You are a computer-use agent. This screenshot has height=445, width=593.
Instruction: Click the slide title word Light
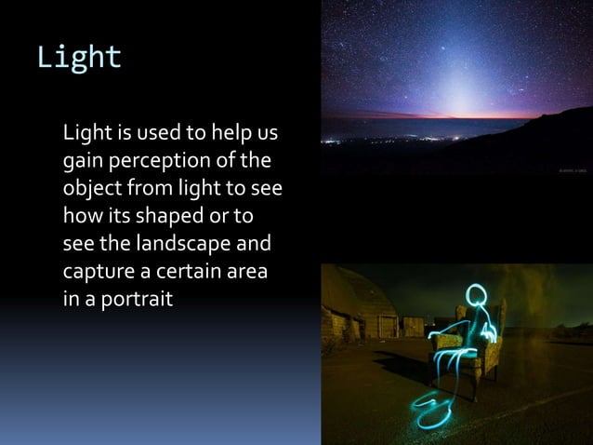(x=79, y=58)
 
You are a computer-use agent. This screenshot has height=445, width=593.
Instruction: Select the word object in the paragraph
(x=91, y=188)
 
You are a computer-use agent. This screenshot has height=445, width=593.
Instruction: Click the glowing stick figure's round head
(x=478, y=295)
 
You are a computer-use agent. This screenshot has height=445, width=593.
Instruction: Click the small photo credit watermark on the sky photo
(x=571, y=170)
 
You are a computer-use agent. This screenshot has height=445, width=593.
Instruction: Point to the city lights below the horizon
(x=390, y=140)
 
